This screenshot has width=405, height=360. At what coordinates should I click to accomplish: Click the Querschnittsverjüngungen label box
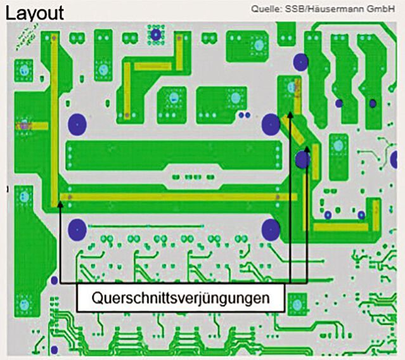pyautogui.click(x=180, y=297)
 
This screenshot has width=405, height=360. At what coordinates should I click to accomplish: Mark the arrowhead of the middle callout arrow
pyautogui.click(x=290, y=114)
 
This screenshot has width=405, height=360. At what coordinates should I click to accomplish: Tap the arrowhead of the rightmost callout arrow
pyautogui.click(x=307, y=149)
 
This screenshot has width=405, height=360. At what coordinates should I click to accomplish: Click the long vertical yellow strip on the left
pyautogui.click(x=53, y=120)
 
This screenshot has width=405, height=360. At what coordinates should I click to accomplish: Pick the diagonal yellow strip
pyautogui.click(x=296, y=132)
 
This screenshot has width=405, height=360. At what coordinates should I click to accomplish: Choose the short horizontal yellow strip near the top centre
pyautogui.click(x=152, y=65)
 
